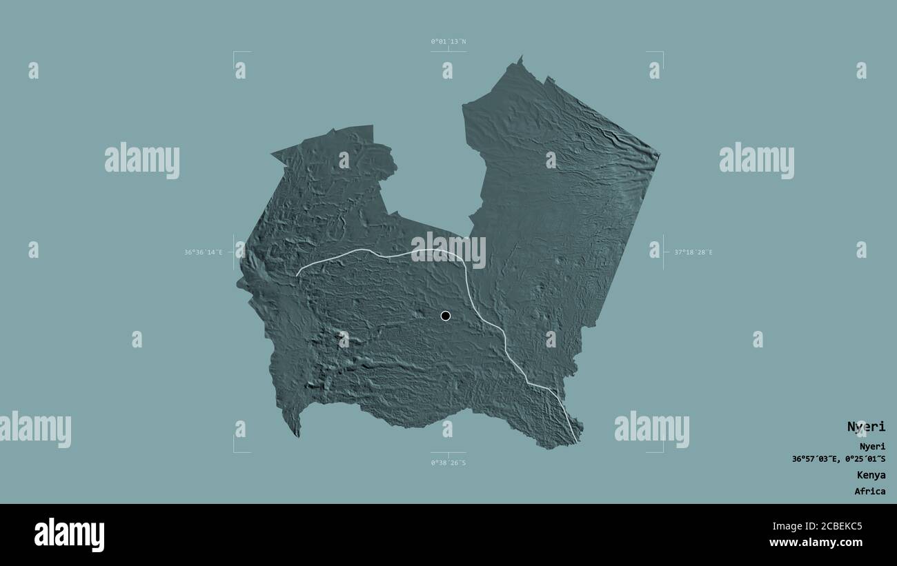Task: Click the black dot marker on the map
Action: click(x=446, y=316)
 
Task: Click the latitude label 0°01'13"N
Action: click(x=448, y=42)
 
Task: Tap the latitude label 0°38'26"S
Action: click(x=448, y=463)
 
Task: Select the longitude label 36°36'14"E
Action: click(x=204, y=252)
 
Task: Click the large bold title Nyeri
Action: click(x=866, y=427)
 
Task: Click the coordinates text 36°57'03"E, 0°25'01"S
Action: click(x=839, y=459)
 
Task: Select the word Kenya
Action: click(x=871, y=475)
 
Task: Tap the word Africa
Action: click(x=869, y=492)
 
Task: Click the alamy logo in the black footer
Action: click(x=70, y=535)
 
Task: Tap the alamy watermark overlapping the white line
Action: click(x=448, y=250)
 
